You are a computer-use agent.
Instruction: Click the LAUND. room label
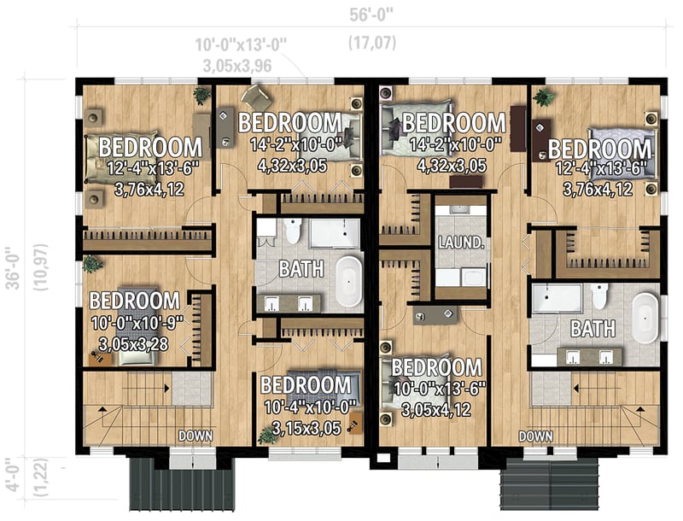point(461,243)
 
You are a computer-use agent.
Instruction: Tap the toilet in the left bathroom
point(293,231)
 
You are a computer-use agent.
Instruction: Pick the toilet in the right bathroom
point(598,296)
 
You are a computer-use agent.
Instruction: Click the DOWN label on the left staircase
point(194,436)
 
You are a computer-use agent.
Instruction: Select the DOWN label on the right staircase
point(535,436)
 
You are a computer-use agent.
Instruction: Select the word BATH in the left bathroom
point(302,270)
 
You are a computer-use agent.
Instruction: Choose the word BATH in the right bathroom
point(589,328)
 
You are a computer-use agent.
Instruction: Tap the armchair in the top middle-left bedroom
point(254,96)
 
